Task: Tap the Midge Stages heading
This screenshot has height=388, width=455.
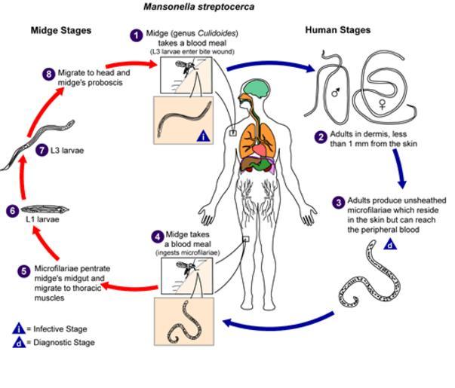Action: [60, 30]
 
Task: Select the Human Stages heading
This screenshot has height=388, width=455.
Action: [337, 30]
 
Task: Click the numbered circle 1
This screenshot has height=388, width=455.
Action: [136, 35]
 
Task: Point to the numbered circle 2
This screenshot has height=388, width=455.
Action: [321, 136]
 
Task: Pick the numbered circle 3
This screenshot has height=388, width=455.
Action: [339, 202]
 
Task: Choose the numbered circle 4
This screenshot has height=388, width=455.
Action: [157, 236]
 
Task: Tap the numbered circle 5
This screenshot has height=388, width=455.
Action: [25, 270]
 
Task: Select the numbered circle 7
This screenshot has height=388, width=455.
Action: [42, 150]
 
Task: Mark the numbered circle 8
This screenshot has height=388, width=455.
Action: [49, 73]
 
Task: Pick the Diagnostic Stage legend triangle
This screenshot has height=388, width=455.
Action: [19, 343]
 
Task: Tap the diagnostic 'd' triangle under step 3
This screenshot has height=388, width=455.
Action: [390, 244]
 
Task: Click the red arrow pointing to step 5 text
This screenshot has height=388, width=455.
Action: [128, 284]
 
